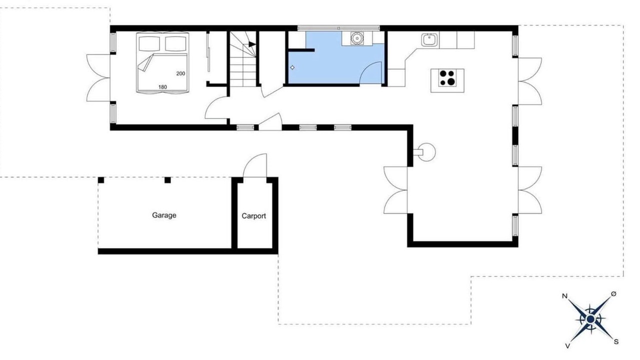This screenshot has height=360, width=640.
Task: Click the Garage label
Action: pyautogui.click(x=164, y=215)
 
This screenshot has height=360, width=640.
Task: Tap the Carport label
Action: pyautogui.click(x=253, y=216)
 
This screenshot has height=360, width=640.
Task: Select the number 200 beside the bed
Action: pyautogui.click(x=180, y=73)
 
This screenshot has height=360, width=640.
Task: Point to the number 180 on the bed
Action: pyautogui.click(x=162, y=87)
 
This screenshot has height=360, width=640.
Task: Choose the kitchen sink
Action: pyautogui.click(x=429, y=39)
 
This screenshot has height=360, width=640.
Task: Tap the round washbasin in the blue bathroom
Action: pyautogui.click(x=357, y=38)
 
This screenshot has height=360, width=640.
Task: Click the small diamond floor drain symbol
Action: pyautogui.click(x=292, y=67)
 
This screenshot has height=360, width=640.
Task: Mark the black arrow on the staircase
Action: pyautogui.click(x=252, y=44)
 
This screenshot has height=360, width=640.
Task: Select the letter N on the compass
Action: pyautogui.click(x=564, y=296)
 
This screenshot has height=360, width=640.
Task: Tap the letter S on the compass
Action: pyautogui.click(x=616, y=341)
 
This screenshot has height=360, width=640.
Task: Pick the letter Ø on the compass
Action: pyautogui.click(x=613, y=294)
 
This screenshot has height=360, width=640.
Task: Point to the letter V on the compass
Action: pyautogui.click(x=567, y=346)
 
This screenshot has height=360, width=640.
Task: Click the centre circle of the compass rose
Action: pyautogui.click(x=590, y=319)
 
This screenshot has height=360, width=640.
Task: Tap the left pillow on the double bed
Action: pyautogui.click(x=149, y=43)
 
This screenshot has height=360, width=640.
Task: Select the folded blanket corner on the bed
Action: pyautogui.click(x=145, y=63)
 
